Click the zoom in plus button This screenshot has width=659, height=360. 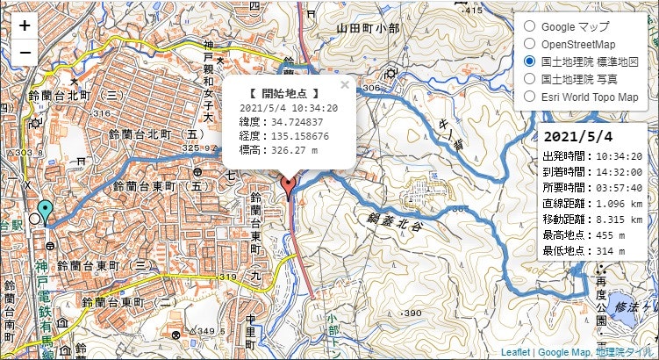click(25, 25)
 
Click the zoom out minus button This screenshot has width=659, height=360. click(25, 52)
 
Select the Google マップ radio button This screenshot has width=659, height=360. click(529, 26)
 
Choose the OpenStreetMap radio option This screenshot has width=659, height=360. click(529, 44)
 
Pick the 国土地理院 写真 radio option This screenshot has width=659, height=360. click(529, 79)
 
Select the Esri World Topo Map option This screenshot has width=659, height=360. click(529, 97)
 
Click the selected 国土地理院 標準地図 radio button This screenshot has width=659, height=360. click(529, 61)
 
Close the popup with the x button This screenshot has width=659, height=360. click(345, 85)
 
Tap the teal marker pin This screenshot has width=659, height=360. click(46, 212)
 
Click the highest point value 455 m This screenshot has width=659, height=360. click(611, 235)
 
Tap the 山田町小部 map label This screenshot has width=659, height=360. click(369, 29)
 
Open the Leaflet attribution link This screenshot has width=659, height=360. click(516, 352)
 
